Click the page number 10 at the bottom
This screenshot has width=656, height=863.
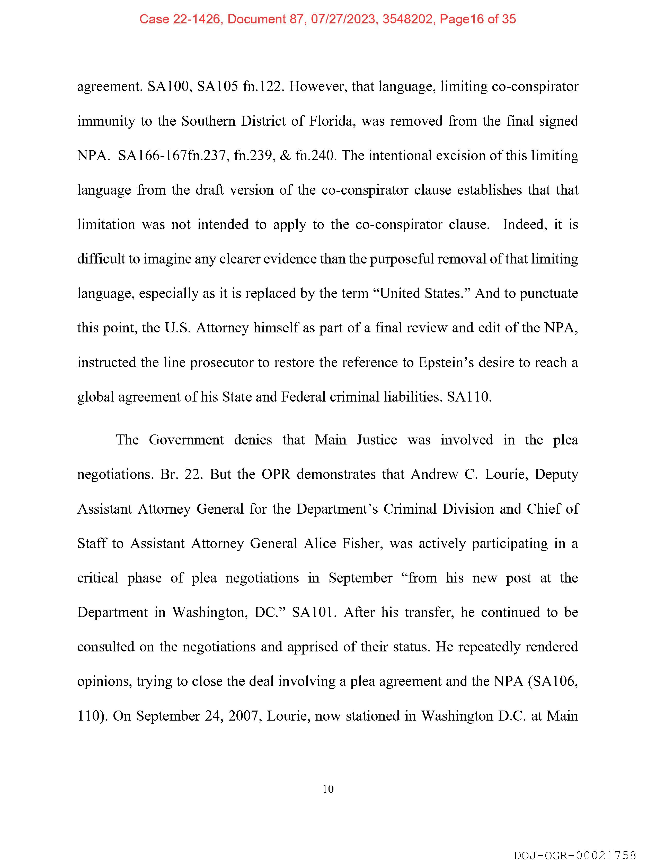tap(328, 789)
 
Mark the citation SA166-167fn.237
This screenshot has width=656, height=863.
tap(172, 156)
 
